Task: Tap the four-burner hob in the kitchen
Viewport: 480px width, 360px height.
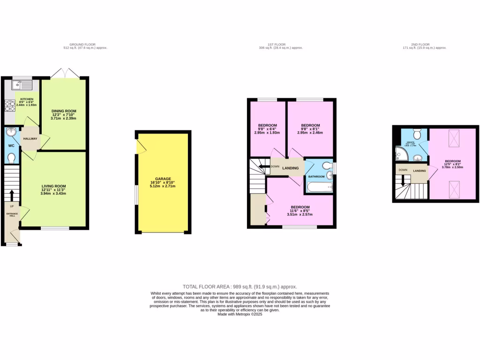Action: click(9, 106)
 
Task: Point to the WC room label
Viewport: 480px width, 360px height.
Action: click(11, 145)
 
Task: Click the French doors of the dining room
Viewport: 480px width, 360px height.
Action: click(63, 74)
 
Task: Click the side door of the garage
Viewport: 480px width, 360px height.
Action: click(140, 146)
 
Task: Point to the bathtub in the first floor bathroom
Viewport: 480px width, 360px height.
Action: click(319, 187)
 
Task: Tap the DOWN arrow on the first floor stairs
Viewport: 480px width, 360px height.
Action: click(263, 166)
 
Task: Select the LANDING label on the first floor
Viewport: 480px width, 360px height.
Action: click(291, 168)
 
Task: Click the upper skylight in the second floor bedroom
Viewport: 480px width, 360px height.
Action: click(454, 137)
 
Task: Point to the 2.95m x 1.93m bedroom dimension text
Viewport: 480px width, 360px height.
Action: click(268, 133)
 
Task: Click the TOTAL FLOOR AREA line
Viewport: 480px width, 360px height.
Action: click(240, 286)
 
